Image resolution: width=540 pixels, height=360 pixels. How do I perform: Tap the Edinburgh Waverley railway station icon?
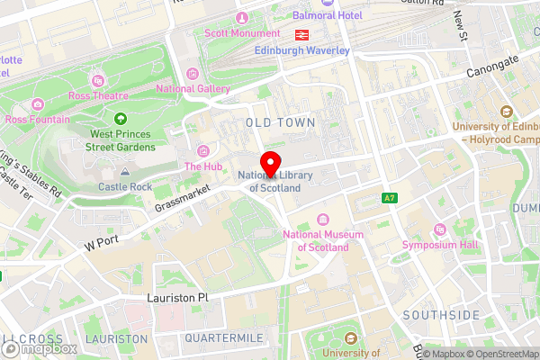pos(301,34)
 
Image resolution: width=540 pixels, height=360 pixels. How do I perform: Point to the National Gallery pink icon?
pos(193,74)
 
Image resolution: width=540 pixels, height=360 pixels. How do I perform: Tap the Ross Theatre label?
pos(98,95)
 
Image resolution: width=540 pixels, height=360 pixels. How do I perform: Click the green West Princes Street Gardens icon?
pos(120,118)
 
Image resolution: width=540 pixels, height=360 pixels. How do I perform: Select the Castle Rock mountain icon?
pos(125,171)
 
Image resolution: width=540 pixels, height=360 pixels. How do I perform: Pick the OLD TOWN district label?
pos(280,121)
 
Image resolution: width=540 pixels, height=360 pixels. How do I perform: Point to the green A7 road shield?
pos(389,198)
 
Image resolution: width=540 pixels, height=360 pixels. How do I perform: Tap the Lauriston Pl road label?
pos(178,296)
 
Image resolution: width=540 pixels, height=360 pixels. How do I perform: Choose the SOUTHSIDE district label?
pos(441,315)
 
